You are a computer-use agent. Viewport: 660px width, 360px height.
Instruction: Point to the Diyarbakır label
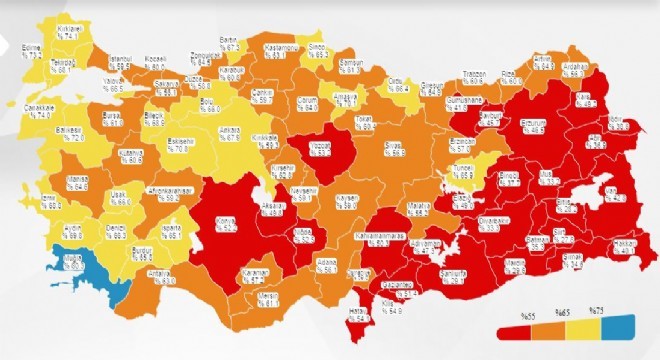(x=491, y=223)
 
